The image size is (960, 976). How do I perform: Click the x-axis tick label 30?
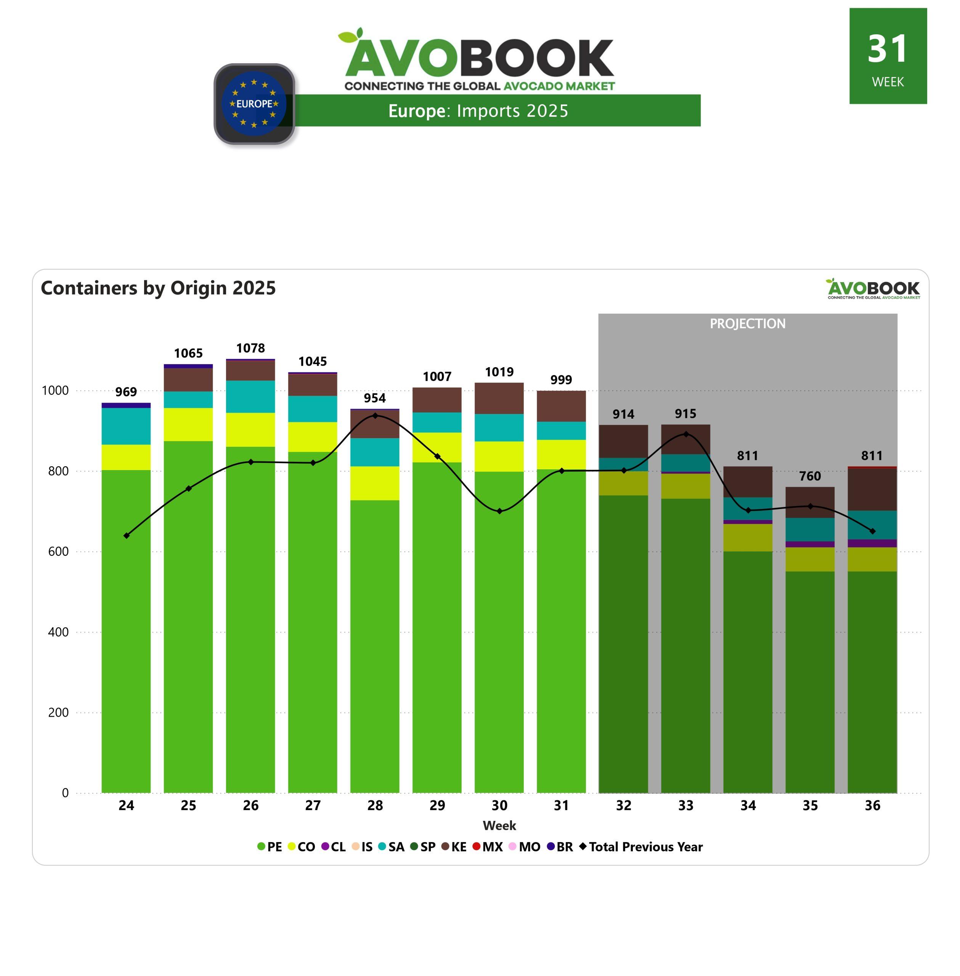pyautogui.click(x=499, y=806)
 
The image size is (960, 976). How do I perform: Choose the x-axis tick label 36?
pyautogui.click(x=872, y=806)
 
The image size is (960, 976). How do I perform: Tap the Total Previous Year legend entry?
pyautogui.click(x=641, y=847)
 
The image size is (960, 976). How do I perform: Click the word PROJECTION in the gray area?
pyautogui.click(x=747, y=324)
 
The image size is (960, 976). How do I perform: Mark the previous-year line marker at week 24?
pyautogui.click(x=126, y=535)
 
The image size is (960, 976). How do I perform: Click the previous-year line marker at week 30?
pyautogui.click(x=499, y=511)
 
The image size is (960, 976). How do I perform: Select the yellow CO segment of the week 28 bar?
pyautogui.click(x=375, y=483)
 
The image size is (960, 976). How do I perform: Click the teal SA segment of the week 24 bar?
pyautogui.click(x=126, y=426)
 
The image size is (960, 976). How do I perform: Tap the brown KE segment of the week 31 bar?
pyautogui.click(x=561, y=406)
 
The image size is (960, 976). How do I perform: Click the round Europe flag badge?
pyautogui.click(x=254, y=104)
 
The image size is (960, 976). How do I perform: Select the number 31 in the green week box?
pyautogui.click(x=888, y=50)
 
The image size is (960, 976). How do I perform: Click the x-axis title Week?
pyautogui.click(x=499, y=826)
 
